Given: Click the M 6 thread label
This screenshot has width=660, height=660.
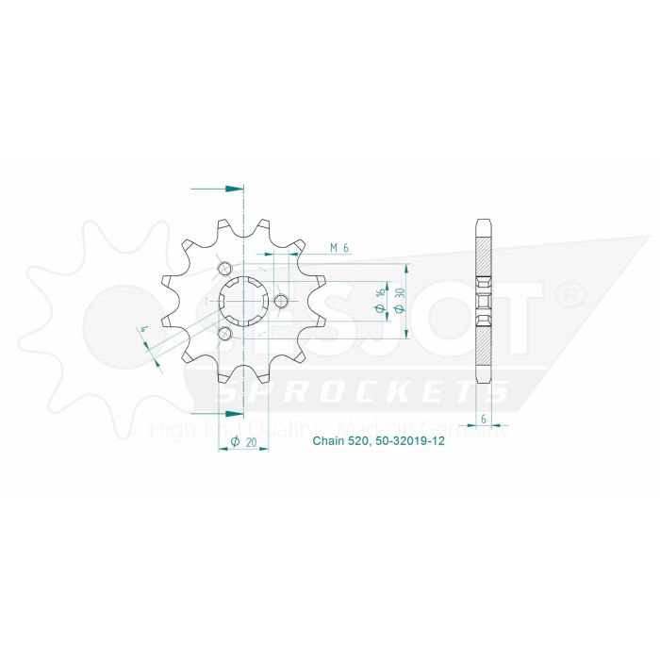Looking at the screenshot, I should coord(340,248).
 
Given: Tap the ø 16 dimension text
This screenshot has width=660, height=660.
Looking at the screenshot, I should coord(379,300).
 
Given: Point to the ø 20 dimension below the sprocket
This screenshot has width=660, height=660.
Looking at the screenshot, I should coord(243,441).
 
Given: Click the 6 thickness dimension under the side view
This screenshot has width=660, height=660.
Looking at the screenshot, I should coord(483,419).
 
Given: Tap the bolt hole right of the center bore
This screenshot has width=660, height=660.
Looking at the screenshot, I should coord(281,302).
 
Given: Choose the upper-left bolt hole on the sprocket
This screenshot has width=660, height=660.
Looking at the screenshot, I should coord(224,270).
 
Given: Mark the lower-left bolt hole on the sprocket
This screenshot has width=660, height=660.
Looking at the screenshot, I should coord(224,334).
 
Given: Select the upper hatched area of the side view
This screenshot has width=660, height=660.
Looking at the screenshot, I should coord(483,255).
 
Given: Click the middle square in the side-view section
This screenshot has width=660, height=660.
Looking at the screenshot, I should coord(483,302).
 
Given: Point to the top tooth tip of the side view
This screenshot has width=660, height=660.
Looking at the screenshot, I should coord(483,223).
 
